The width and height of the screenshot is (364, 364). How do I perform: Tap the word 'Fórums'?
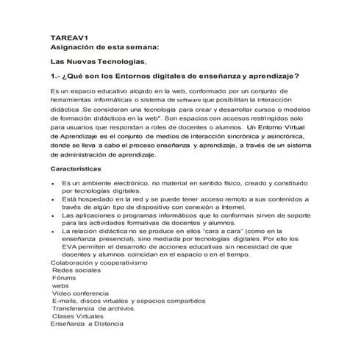(x=65, y=279)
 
